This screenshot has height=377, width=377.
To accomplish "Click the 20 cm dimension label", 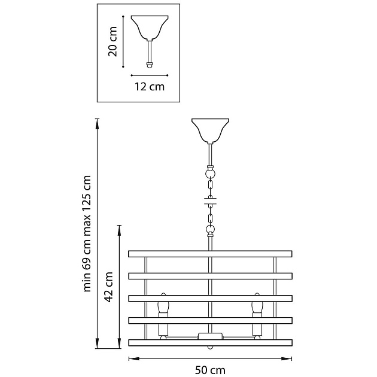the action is pos(113,42).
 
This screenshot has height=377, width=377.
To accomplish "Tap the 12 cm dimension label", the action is pos(150,87).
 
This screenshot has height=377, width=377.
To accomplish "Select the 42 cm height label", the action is pos(108,287).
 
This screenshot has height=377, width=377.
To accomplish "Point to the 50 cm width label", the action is pos(210,370).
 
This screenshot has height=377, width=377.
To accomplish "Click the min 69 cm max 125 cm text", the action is pos(87,233).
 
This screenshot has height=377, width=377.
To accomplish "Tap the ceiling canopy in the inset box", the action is pos(150,28).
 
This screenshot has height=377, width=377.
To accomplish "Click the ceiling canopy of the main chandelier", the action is pos(210,131).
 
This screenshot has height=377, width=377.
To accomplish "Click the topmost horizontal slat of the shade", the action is pos(210,254).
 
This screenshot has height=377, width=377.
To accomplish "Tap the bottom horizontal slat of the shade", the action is pos(210,343).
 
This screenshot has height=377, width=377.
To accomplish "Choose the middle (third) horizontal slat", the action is pos(210,299).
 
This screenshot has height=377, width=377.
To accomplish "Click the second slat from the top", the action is pos(210,276).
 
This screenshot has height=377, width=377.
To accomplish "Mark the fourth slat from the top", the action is pos(210,321).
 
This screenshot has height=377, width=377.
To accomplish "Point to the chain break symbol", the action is pos(211,201).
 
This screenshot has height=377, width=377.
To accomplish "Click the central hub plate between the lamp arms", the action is pos(210,336).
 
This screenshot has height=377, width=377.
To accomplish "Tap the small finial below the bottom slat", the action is pos(210,348).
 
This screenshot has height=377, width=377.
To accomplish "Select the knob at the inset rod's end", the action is pos(150,65).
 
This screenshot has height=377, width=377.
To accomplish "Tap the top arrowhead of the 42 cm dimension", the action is pos(119,230).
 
